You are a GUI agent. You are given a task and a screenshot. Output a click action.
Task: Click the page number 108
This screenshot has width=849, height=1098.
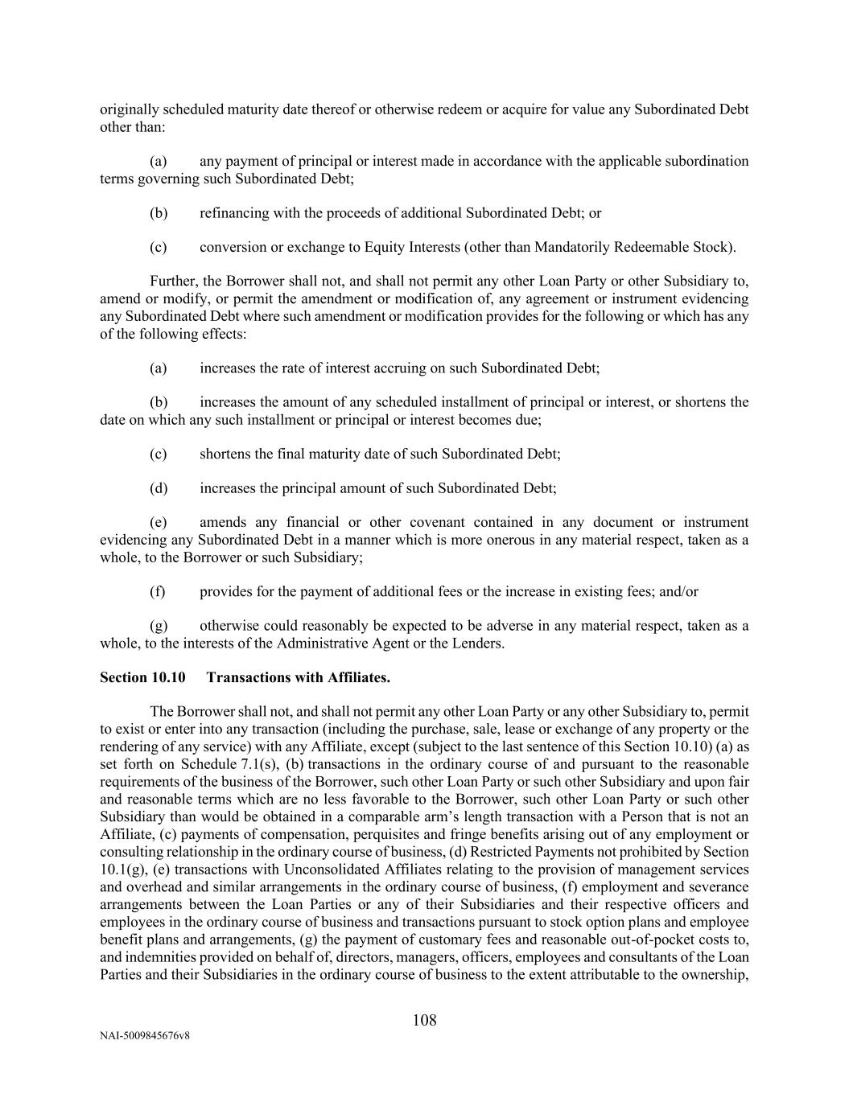click(x=424, y=1021)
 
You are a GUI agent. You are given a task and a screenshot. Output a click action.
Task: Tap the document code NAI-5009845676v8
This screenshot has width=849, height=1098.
click(x=145, y=1036)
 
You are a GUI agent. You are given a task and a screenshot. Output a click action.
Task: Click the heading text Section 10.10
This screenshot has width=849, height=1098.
click(x=142, y=677)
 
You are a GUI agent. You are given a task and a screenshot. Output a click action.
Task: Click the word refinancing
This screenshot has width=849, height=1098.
click(x=233, y=213)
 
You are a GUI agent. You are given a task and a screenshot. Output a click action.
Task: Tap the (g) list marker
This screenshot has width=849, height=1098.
click(x=159, y=626)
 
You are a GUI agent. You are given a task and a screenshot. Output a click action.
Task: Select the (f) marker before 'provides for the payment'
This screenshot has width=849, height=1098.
click(x=158, y=591)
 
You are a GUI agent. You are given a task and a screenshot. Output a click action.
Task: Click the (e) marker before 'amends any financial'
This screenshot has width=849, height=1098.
click(x=159, y=523)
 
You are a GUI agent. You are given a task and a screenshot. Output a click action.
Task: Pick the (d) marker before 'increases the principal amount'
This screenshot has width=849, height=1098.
click(x=159, y=488)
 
